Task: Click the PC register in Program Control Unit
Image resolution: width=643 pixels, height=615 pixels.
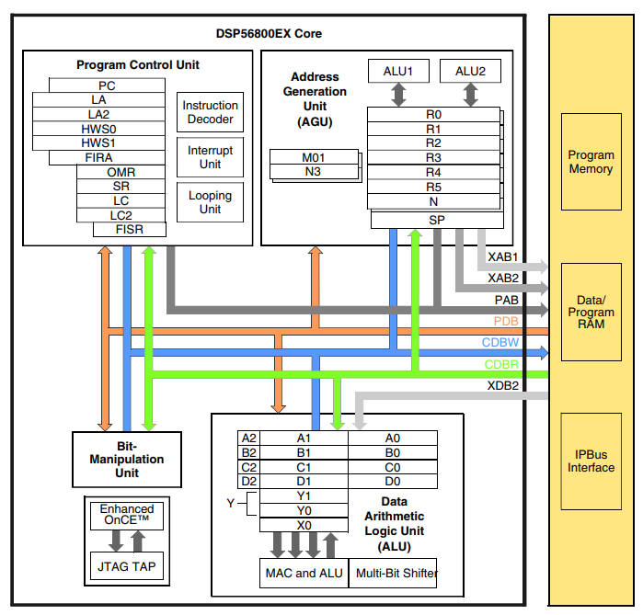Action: (x=107, y=85)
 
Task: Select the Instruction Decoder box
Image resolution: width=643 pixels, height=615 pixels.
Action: (x=210, y=112)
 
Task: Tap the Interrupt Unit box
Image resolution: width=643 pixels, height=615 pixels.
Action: (x=210, y=157)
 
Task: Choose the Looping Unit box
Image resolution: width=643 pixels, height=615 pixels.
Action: (x=210, y=202)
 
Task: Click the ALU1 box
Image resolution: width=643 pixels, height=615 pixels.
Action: (x=398, y=71)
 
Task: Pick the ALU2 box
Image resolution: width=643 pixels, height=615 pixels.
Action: (x=470, y=71)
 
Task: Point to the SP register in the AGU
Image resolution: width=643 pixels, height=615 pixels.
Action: (x=436, y=220)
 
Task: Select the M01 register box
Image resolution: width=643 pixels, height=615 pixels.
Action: (x=314, y=157)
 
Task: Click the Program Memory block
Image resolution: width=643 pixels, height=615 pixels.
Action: (x=591, y=163)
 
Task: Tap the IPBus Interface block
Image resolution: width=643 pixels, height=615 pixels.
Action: (x=591, y=461)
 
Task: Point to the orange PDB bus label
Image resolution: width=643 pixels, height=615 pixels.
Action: (x=506, y=322)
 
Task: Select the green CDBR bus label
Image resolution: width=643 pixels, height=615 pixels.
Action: (x=501, y=364)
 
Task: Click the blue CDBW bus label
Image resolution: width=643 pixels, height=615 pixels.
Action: (x=501, y=343)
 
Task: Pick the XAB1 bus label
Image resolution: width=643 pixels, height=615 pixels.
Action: (x=502, y=256)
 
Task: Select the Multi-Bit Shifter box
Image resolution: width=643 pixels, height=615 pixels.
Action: (x=393, y=574)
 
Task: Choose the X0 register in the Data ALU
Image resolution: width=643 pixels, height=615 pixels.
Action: (x=304, y=525)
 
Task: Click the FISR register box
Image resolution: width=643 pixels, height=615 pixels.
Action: (x=129, y=230)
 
